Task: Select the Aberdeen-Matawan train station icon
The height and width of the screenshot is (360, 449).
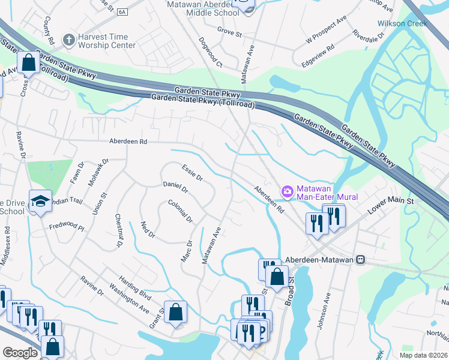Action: coord(360,259)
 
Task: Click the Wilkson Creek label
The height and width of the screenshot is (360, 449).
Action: coord(402,23)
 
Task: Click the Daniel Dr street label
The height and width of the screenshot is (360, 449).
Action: coord(176,187)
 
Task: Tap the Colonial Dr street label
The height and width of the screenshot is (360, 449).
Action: coord(180,211)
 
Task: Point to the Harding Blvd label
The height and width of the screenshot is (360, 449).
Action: coord(134,296)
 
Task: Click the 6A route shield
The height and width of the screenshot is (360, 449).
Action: coord(122,11)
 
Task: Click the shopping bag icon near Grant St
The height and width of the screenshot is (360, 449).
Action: coord(175,311)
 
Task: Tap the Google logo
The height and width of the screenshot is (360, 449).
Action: coord(20,353)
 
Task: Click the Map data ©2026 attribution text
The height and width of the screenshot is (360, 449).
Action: coord(423,355)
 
